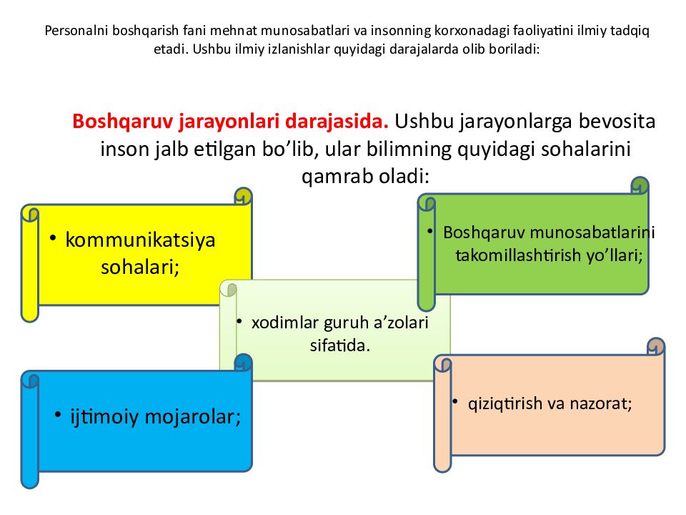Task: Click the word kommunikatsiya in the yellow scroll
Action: pos(140,240)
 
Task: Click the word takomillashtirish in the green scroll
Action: pos(519,255)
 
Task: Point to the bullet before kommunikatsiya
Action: pos(54,237)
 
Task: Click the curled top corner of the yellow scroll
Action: pos(244,196)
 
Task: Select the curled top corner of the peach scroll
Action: pos(655,346)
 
